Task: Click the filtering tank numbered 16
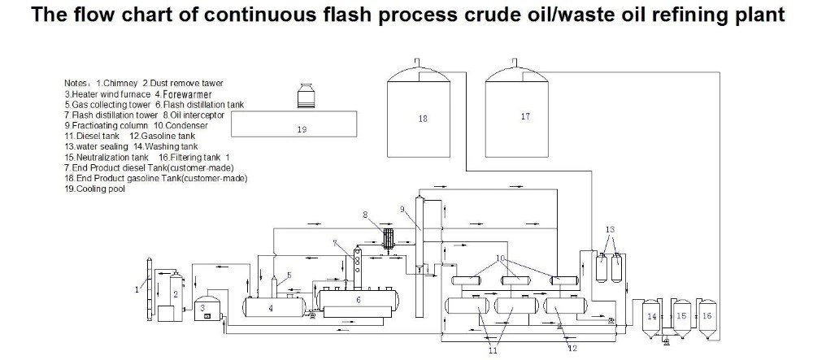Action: click(x=706, y=315)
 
